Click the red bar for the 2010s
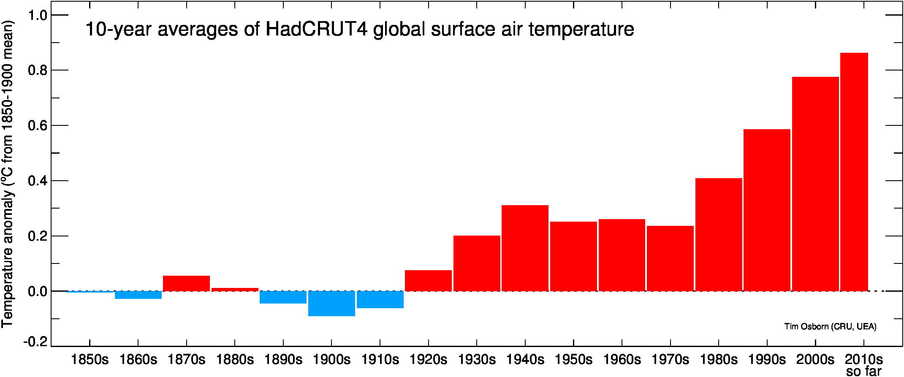tap(854, 172)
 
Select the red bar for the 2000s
tap(815, 184)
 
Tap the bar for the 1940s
tap(525, 248)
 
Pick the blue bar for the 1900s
tap(331, 304)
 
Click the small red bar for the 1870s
tap(186, 283)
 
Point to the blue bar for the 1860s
tap(138, 295)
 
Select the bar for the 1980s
tap(719, 234)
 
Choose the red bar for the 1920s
tap(428, 280)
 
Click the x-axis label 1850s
tap(90, 360)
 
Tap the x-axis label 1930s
tap(477, 360)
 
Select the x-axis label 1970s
tap(670, 360)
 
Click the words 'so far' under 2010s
tap(864, 372)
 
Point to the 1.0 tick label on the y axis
tap(37, 16)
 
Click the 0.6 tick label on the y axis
tap(37, 126)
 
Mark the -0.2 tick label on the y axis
tap(35, 342)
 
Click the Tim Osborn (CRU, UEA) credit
tap(830, 326)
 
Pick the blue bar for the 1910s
tap(380, 299)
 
